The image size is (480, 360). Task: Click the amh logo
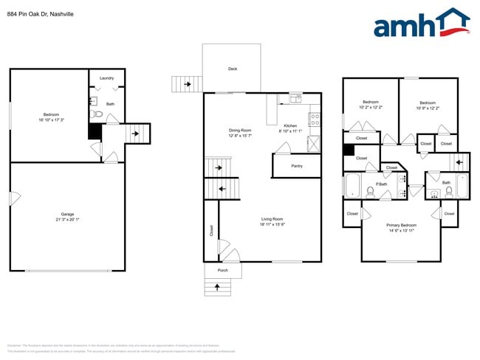tap(421, 24)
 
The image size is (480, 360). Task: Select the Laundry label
tap(106, 77)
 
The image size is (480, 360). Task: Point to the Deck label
tap(232, 69)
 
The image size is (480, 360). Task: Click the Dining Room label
tap(240, 131)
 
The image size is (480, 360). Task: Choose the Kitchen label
tap(290, 125)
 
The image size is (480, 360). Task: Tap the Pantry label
tap(296, 166)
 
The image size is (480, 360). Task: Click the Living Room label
tap(272, 218)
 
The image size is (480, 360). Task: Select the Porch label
tap(222, 271)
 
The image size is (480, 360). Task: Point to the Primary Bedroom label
tap(401, 225)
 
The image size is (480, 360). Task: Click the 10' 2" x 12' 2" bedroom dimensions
tap(370, 108)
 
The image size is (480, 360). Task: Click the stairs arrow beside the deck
tap(188, 85)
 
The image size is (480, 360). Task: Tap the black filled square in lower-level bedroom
tap(94, 132)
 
